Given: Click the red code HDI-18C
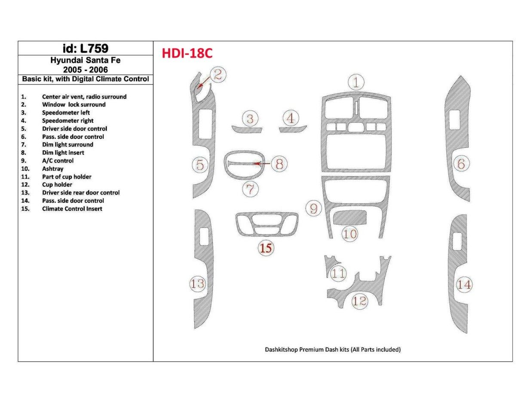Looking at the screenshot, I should (187, 53).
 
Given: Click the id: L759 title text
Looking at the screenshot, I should (85, 48).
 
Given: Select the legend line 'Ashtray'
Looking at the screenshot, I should (52, 169).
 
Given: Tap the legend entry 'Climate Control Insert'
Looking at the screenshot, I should (72, 209).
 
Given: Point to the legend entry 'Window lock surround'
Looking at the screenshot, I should (74, 104).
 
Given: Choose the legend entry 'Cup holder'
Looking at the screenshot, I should (57, 185).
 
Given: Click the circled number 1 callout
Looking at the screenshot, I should (356, 82).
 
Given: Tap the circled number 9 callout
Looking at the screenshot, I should (314, 209).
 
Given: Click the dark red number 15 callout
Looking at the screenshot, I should (266, 248).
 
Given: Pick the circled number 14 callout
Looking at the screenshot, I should (464, 284).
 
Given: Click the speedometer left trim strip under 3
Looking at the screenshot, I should (246, 129).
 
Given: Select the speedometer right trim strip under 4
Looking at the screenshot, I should (293, 129).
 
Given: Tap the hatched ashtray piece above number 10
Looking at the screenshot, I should (350, 217).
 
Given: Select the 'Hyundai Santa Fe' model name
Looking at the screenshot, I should (85, 61).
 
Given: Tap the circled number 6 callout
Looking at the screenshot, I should (461, 164).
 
